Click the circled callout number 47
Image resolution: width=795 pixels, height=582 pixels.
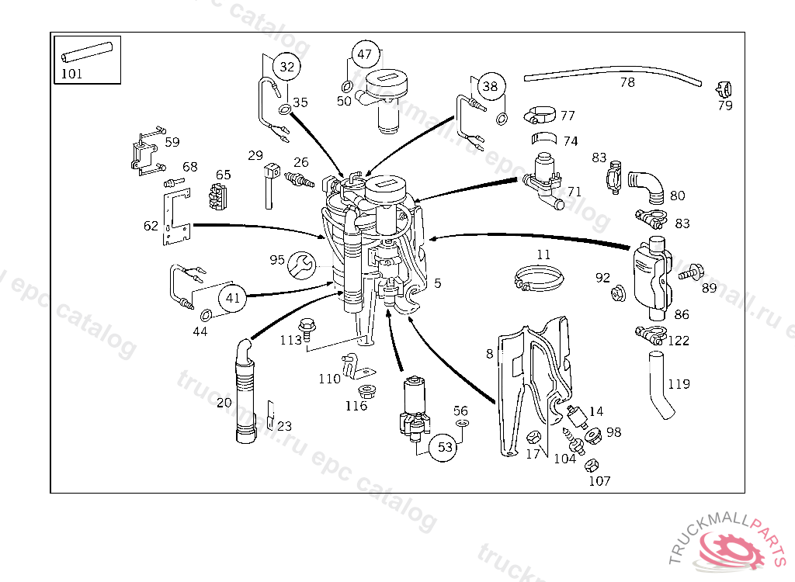click(365, 55)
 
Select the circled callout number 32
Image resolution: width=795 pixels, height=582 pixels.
click(287, 67)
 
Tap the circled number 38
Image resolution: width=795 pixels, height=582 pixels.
click(490, 86)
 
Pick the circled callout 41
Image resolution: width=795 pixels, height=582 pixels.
click(232, 297)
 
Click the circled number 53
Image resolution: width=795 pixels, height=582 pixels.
click(445, 447)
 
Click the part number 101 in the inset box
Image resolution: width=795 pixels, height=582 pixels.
click(71, 74)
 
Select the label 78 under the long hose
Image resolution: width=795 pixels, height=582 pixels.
click(627, 82)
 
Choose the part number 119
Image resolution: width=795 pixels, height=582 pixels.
click(679, 383)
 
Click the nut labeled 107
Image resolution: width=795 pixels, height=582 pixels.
click(589, 466)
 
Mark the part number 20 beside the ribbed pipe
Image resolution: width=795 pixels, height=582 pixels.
click(224, 402)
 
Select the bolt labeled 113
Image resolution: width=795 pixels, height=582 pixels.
click(306, 328)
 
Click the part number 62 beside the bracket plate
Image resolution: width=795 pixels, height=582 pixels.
click(151, 226)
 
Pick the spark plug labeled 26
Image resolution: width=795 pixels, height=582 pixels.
click(300, 180)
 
